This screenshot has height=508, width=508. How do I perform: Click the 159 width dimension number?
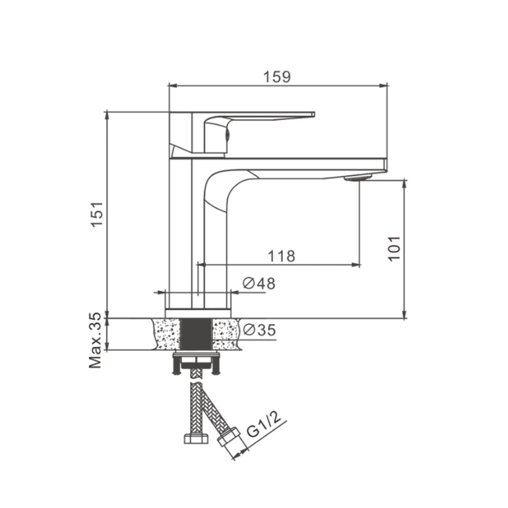(x=277, y=77)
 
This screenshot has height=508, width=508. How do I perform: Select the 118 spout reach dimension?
(x=282, y=256)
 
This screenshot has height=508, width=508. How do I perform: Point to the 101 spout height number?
(x=394, y=249)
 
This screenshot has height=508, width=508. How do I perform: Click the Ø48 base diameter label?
(x=259, y=284)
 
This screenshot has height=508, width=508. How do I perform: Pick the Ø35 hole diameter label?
(x=260, y=330)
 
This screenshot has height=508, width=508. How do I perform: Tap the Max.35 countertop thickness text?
(x=95, y=340)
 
